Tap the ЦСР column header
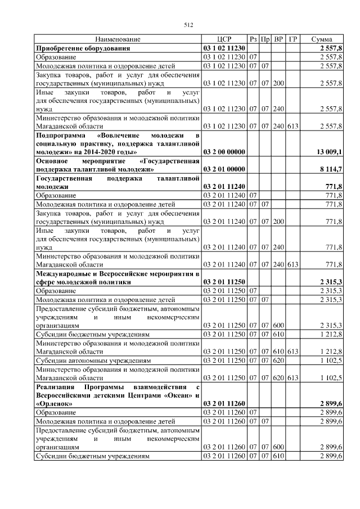[x=224, y=39]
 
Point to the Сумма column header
[x=325, y=39]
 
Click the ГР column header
[x=292, y=39]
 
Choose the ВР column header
[x=278, y=39]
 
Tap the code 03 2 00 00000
[x=224, y=152]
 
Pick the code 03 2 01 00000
[x=224, y=168]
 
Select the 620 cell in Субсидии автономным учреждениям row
[x=278, y=359]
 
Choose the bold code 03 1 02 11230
[x=224, y=48]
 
